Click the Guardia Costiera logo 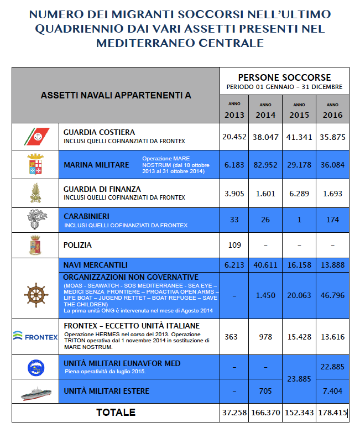click(x=36, y=136)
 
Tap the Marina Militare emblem click(x=35, y=164)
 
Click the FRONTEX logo click(x=35, y=335)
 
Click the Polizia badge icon click(x=35, y=244)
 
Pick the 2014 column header click(x=265, y=114)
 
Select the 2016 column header click(x=332, y=114)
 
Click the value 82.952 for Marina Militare click(x=265, y=165)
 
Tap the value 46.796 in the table click(x=332, y=295)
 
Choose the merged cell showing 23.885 click(x=299, y=379)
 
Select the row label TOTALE click(x=115, y=413)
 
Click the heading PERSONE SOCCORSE click(x=284, y=77)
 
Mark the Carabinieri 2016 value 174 click(x=332, y=220)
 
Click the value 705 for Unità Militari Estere click(x=265, y=392)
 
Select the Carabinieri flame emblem click(x=35, y=220)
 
